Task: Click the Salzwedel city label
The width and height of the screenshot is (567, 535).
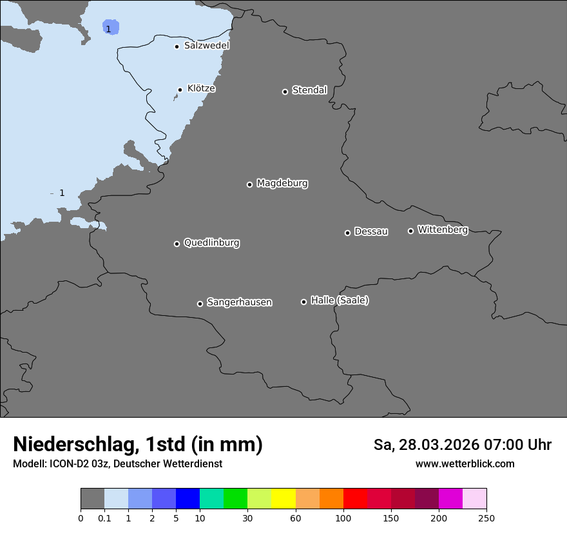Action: click(x=206, y=46)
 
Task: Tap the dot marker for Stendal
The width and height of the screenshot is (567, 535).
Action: click(x=285, y=92)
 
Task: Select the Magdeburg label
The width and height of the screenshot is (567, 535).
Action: click(x=282, y=184)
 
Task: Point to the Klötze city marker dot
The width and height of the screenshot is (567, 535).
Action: click(x=180, y=90)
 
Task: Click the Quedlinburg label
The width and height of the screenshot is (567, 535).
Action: click(x=211, y=243)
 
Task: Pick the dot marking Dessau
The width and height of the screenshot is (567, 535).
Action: click(x=347, y=233)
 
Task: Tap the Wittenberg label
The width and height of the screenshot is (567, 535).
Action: click(x=442, y=229)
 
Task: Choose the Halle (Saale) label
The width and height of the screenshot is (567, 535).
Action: click(x=340, y=300)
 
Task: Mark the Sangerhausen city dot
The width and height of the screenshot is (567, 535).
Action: click(x=200, y=304)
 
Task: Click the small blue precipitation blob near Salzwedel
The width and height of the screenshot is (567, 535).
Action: click(x=111, y=27)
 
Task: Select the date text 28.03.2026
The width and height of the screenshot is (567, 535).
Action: click(x=436, y=445)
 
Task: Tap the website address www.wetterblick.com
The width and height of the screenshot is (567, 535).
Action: click(x=465, y=463)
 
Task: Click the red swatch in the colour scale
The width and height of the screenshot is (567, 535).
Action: click(x=355, y=499)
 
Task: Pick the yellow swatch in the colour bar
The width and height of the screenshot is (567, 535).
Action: click(x=283, y=499)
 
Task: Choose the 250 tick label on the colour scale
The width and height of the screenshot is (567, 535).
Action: click(x=486, y=517)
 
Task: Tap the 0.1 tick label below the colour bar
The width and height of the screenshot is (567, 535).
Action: click(x=104, y=517)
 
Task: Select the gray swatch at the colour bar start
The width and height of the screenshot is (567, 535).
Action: click(x=92, y=499)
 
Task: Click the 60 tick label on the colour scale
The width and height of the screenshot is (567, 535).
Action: click(x=296, y=517)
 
